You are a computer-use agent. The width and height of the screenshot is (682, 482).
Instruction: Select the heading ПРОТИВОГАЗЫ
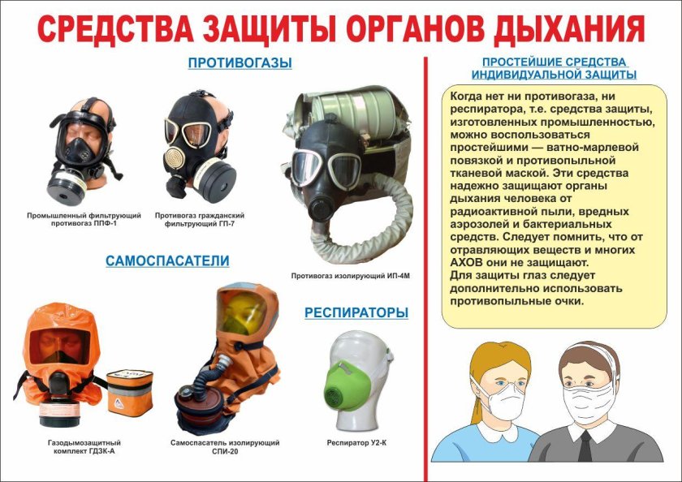tap(240, 62)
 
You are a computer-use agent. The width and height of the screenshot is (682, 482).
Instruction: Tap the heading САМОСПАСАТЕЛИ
tap(167, 260)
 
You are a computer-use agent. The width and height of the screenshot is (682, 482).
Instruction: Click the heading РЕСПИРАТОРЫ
tap(356, 312)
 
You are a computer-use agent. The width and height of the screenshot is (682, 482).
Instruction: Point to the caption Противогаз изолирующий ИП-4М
tap(351, 276)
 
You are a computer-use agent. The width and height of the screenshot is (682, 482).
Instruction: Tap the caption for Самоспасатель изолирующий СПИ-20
tap(225, 446)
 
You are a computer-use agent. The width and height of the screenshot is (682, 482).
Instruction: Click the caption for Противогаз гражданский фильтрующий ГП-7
tap(199, 218)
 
